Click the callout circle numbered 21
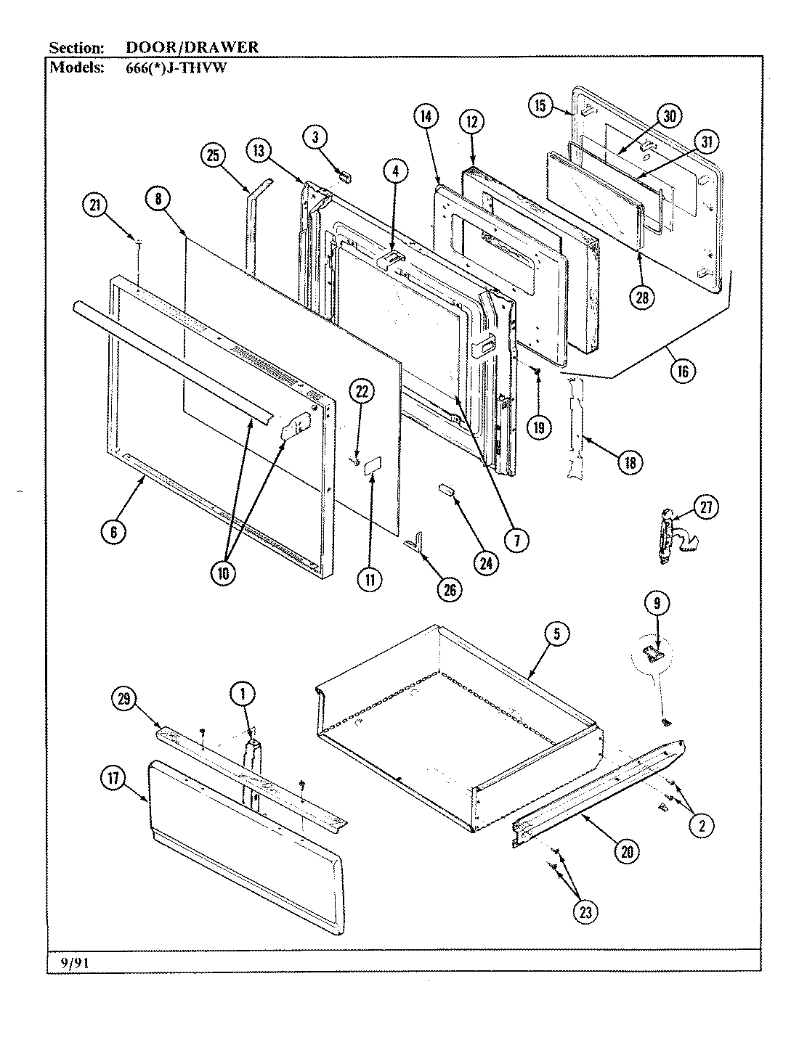[94, 206]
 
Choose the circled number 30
[669, 116]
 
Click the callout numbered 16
[683, 370]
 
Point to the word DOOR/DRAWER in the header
[192, 47]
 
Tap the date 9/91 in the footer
[71, 962]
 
